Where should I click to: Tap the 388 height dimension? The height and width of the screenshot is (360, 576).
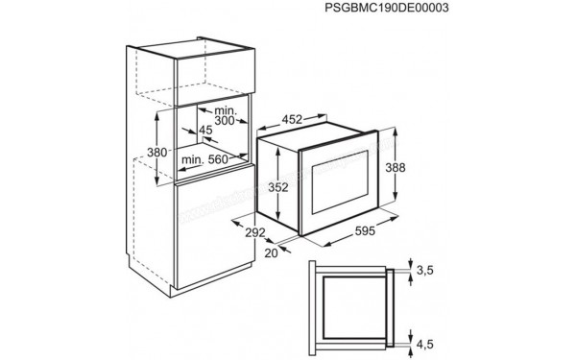(x=396, y=167)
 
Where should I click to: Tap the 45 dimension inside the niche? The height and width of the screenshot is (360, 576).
(x=205, y=131)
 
